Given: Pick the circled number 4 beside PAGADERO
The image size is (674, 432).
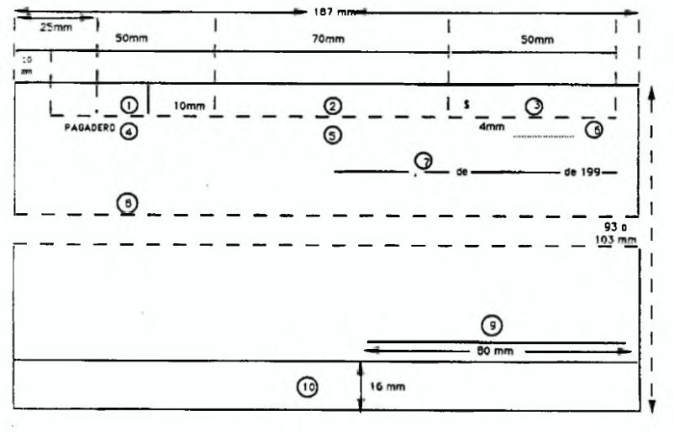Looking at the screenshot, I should [x=129, y=130].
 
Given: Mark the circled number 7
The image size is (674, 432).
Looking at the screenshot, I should [x=422, y=160].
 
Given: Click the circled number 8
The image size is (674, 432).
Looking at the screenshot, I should [x=127, y=202].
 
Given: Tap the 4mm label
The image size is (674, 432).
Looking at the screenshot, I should [x=492, y=126].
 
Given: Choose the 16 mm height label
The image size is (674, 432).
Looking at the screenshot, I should [x=386, y=386].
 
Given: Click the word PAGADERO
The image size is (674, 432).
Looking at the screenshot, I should [x=90, y=128].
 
